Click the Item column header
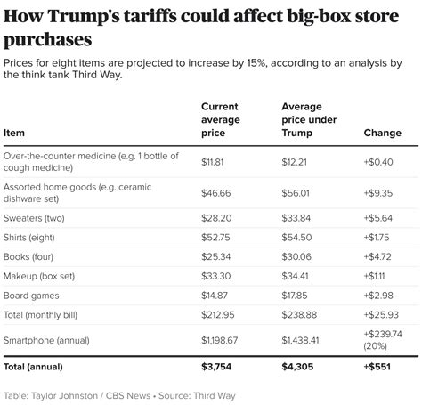click(x=14, y=134)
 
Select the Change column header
click(x=383, y=134)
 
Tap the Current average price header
click(x=224, y=119)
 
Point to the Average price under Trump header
click(x=304, y=119)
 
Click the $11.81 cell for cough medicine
click(x=214, y=161)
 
